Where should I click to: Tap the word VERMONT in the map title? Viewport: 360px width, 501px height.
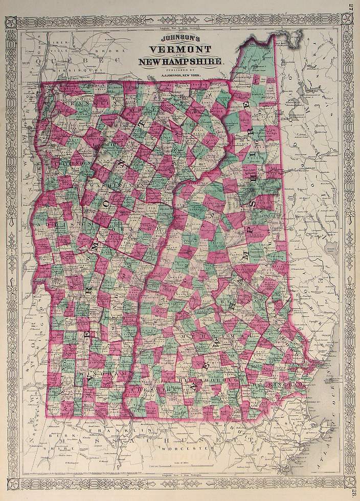(x=180, y=49)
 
